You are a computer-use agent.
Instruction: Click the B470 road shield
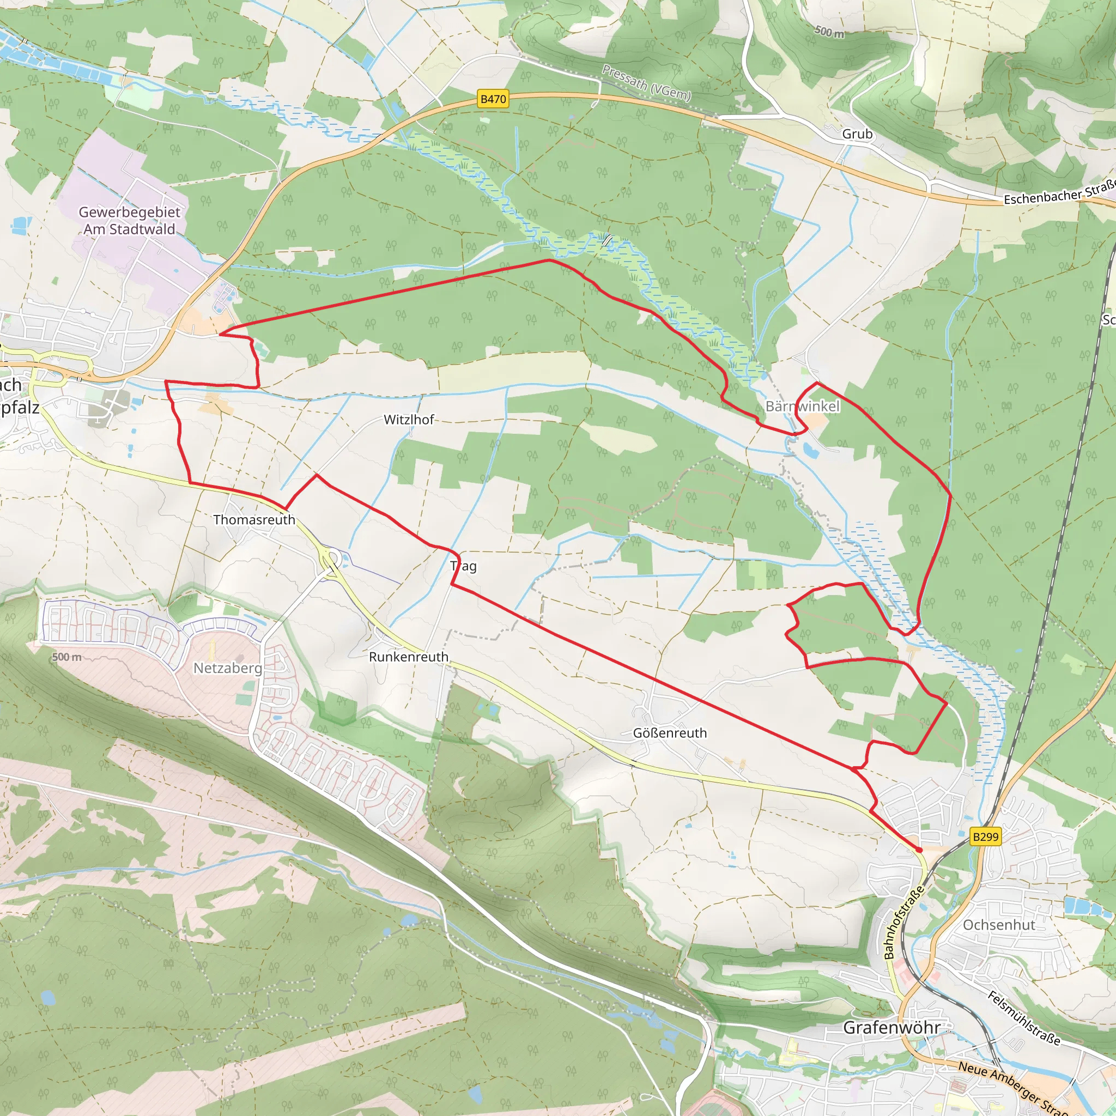[493, 99]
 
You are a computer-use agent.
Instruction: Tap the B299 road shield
[985, 836]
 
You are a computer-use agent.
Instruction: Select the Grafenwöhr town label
[891, 1028]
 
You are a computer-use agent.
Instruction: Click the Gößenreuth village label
[670, 733]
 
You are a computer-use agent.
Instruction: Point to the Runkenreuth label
[408, 657]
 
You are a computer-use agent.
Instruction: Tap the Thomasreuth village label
[254, 520]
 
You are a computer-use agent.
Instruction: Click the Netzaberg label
[228, 668]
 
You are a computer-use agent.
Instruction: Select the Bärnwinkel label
[802, 407]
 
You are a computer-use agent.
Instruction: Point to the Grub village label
[857, 134]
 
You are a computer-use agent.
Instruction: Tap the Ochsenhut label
[999, 925]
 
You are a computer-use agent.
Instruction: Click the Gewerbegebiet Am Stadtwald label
[129, 221]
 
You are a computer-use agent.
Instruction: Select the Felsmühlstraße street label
[1024, 1018]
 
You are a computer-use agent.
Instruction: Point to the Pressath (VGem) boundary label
[646, 83]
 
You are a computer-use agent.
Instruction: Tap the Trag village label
[463, 566]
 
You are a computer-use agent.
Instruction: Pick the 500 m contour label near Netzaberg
[66, 657]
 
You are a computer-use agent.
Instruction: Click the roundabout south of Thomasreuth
[331, 559]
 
